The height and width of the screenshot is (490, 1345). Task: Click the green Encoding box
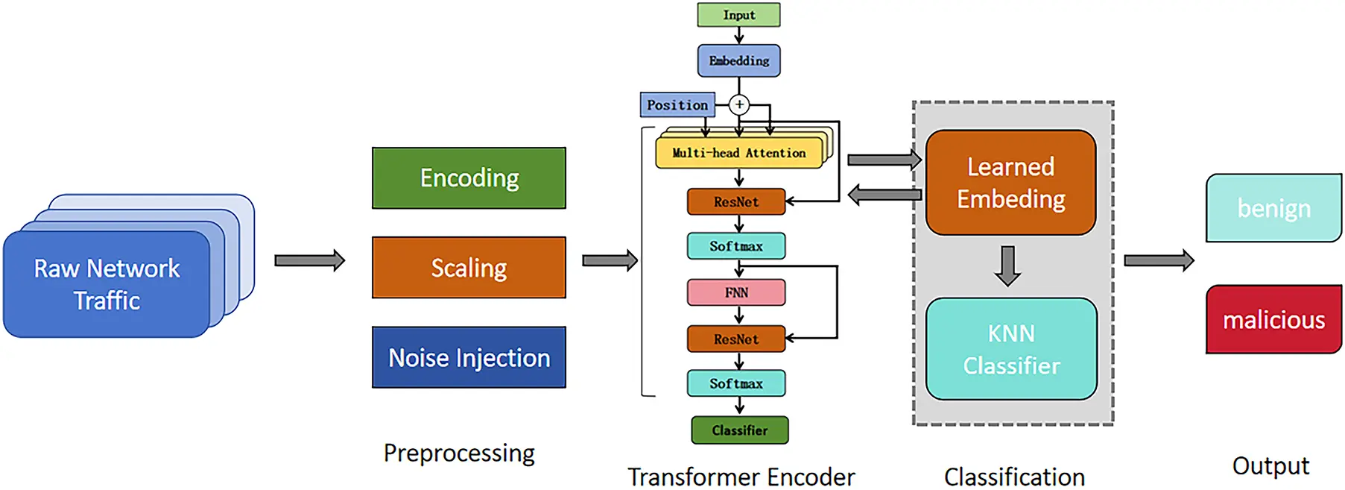[x=469, y=178]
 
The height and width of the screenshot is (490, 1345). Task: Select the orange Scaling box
[x=469, y=268]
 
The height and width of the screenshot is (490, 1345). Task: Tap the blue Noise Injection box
[x=469, y=357]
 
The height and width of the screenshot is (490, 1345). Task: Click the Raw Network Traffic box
[x=107, y=284]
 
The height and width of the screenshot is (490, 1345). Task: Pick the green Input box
[x=738, y=15]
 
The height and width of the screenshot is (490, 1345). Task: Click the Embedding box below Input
[x=738, y=61]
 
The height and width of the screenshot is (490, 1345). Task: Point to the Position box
[x=677, y=105]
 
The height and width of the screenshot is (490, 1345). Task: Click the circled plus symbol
[x=739, y=104]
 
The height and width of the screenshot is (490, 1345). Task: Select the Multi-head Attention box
[x=738, y=153]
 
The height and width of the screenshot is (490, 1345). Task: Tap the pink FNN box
[x=736, y=292]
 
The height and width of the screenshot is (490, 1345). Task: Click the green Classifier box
[x=739, y=430]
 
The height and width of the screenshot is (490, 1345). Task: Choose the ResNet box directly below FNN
[x=736, y=339]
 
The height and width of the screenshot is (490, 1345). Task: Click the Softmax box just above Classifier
[x=736, y=383]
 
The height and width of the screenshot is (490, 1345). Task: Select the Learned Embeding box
[x=1010, y=183]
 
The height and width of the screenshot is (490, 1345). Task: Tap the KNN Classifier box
[x=1011, y=349]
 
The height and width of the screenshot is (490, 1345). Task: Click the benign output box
[x=1273, y=208]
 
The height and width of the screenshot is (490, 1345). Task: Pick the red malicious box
[x=1273, y=320]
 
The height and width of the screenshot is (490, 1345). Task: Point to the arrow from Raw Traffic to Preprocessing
[x=309, y=260]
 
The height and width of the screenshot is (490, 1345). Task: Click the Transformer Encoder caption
[x=741, y=477]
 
